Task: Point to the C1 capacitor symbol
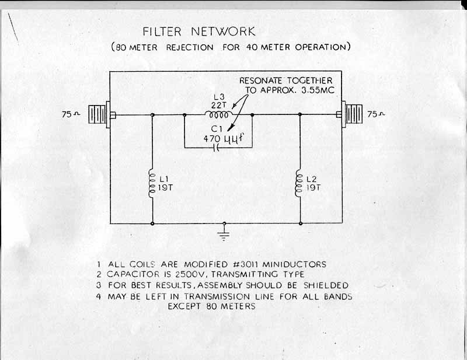(x=217, y=148)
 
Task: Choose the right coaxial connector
(x=354, y=114)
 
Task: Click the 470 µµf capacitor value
(x=223, y=139)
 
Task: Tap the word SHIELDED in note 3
(x=325, y=285)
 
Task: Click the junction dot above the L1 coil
(x=152, y=115)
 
